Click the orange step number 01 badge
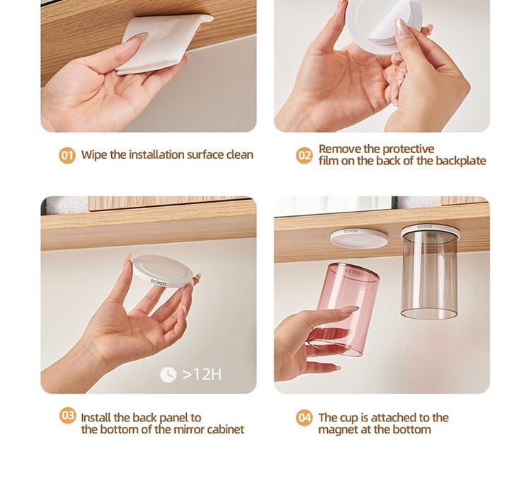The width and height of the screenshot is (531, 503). point(67,156)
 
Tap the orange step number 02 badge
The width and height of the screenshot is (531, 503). point(304,156)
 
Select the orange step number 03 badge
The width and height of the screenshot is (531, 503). point(68,416)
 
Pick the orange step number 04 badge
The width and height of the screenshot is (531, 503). point(304,417)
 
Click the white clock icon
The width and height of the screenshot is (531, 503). point(168,375)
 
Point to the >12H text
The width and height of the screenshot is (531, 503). point(202,375)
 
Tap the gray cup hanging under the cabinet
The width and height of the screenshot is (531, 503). point(430,273)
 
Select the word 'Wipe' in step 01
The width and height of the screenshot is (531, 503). point(94,155)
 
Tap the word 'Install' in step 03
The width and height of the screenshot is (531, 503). point(96,417)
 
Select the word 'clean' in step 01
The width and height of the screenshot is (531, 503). point(239,155)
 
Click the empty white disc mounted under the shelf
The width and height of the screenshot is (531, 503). point(359,239)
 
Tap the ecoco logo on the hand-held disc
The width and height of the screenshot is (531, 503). point(158,283)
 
